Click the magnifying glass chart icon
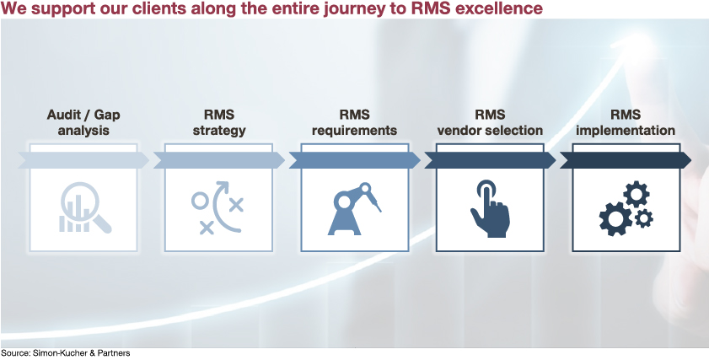(x=85, y=207)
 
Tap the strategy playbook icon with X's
(x=218, y=207)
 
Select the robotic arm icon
(x=354, y=208)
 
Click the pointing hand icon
(x=490, y=208)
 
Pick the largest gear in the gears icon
(x=615, y=219)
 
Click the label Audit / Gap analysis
(x=83, y=122)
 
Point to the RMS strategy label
(x=219, y=122)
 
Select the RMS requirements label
(x=354, y=122)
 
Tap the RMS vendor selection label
(x=490, y=122)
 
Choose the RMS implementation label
(x=626, y=122)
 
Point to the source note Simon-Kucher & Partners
(x=65, y=353)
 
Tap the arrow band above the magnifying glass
(x=83, y=160)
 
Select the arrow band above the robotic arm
(x=354, y=160)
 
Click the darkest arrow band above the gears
(x=626, y=160)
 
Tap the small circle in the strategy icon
(x=200, y=201)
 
